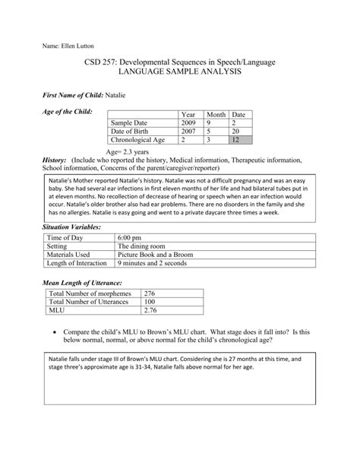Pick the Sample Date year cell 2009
pos(190,122)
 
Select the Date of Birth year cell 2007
pos(190,131)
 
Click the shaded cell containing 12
pos(238,141)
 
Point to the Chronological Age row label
pos(137,141)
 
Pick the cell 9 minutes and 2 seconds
pos(156,265)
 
